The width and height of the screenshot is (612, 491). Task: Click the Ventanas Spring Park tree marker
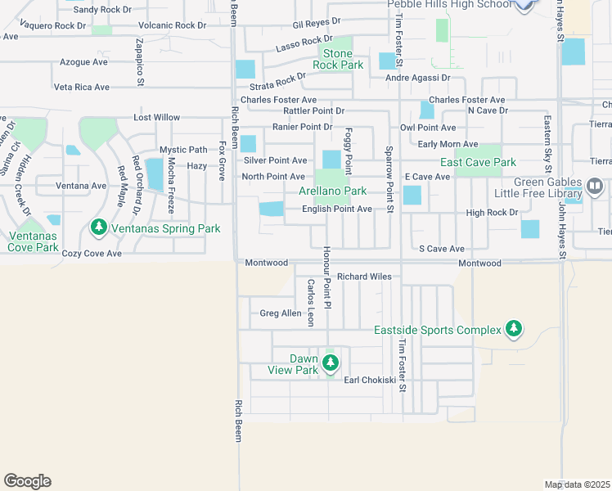[98, 226]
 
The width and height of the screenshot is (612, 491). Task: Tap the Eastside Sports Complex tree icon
[514, 329]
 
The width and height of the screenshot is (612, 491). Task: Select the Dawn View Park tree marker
[331, 364]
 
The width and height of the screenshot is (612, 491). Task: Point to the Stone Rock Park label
[332, 59]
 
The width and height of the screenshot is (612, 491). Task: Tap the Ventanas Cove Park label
[34, 241]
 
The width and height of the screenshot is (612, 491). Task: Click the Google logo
[27, 481]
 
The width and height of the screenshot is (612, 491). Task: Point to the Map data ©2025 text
[578, 484]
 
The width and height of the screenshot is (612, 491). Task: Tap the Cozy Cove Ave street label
[92, 254]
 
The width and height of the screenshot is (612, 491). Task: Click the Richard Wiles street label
[365, 277]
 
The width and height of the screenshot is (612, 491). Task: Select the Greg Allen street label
[280, 313]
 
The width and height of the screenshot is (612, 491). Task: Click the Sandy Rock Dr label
[101, 10]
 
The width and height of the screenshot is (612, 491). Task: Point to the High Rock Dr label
[492, 213]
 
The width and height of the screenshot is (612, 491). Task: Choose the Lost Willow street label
[157, 118]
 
